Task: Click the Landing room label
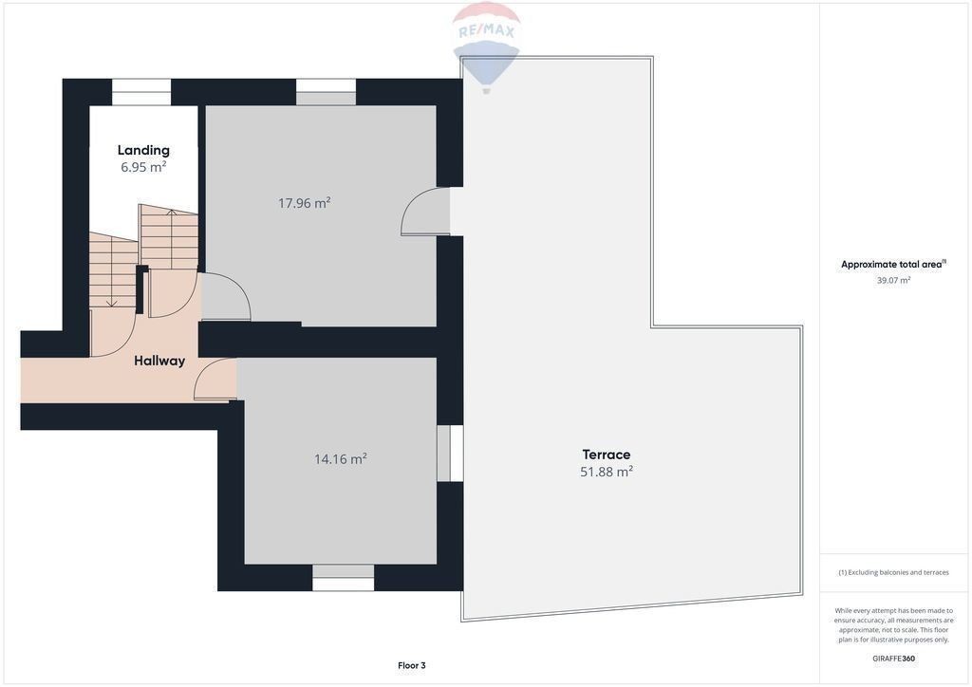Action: [143, 150]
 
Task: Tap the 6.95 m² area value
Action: [143, 167]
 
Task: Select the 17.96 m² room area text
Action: [304, 202]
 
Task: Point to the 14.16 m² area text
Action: [341, 459]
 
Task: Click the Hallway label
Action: [159, 361]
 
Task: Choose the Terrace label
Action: [607, 455]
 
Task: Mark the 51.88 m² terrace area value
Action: [607, 472]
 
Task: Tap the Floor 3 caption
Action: [412, 665]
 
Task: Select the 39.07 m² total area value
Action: [893, 280]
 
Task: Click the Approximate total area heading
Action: [893, 264]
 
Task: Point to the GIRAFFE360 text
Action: [893, 659]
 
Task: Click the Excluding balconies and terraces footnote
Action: [893, 572]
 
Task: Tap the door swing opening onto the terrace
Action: [424, 212]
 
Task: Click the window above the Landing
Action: [141, 92]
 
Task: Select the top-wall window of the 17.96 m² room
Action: [327, 92]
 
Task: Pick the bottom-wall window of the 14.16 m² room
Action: [344, 577]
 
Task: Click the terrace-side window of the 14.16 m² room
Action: [450, 454]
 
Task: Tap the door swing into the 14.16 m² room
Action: [215, 380]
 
